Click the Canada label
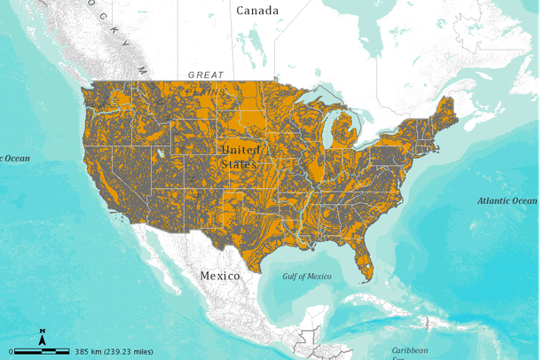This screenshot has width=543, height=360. point(257,11)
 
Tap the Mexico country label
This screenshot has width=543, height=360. point(219,276)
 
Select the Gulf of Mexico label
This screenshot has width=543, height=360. point(307,277)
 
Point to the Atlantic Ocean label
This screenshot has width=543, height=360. point(507,201)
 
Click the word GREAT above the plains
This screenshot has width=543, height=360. point(206,75)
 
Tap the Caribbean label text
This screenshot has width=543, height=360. point(411,349)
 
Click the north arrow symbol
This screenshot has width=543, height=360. point(42,336)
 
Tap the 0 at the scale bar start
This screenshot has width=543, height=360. point(11,351)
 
